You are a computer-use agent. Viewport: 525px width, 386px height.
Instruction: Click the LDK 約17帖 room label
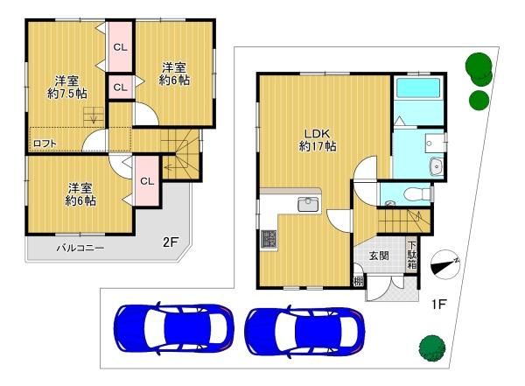click(x=318, y=140)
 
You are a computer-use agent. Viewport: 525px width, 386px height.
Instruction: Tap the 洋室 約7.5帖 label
click(x=67, y=88)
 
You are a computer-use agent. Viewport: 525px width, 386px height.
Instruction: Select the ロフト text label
click(x=45, y=144)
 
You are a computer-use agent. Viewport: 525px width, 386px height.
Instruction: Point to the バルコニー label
click(x=80, y=248)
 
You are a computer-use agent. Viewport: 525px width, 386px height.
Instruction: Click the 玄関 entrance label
click(x=379, y=256)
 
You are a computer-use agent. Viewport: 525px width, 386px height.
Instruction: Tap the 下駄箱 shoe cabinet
click(x=412, y=256)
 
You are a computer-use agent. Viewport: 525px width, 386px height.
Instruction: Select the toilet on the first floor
click(x=417, y=193)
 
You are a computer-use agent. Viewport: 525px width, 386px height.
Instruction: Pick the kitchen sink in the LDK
click(x=308, y=205)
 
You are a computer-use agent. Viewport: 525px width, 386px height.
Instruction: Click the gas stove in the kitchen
click(x=269, y=240)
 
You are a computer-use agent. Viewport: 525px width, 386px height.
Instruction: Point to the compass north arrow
click(x=445, y=264)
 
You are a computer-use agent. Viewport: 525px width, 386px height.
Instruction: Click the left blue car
click(x=173, y=328)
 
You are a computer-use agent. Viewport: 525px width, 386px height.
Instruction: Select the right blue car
click(x=304, y=331)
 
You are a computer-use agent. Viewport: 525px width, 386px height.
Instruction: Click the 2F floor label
click(x=170, y=242)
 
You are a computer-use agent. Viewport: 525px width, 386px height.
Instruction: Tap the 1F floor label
click(x=438, y=305)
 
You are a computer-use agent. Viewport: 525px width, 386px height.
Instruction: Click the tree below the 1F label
click(x=432, y=348)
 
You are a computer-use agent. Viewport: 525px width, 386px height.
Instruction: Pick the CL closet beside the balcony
click(x=147, y=181)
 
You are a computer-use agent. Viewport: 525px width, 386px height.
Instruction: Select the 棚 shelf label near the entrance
click(x=358, y=281)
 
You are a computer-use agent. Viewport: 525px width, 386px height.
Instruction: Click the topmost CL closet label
click(x=120, y=47)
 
